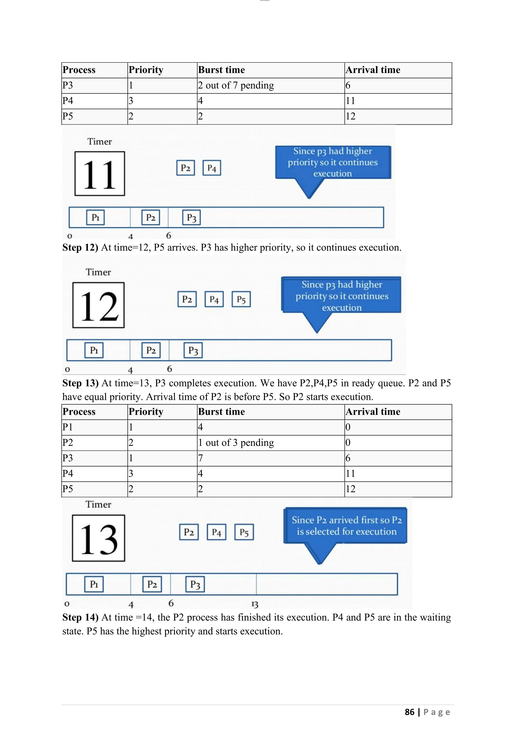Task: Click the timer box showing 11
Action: [100, 174]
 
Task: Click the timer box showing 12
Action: [98, 305]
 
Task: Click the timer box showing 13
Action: [98, 538]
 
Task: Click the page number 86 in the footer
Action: [409, 712]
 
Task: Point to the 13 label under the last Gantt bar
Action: [255, 604]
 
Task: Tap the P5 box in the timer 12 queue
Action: [241, 299]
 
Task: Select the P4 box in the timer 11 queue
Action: [211, 168]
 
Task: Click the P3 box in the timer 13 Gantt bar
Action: [195, 584]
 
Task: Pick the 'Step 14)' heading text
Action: [80, 617]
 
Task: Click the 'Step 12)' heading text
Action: [80, 247]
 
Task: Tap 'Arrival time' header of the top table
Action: [373, 70]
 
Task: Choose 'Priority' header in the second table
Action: [146, 412]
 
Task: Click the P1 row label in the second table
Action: [68, 427]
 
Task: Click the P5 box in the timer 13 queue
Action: [244, 532]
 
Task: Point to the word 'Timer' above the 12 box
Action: [98, 272]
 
